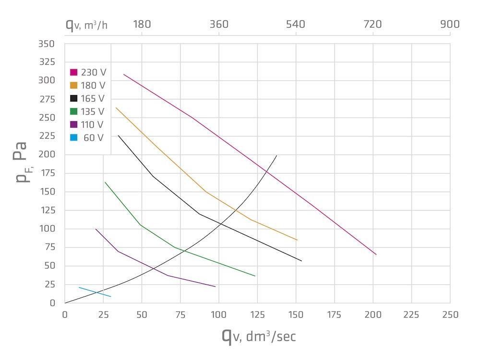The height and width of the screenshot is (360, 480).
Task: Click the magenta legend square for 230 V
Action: click(74, 72)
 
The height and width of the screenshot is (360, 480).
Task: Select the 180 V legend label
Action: click(93, 85)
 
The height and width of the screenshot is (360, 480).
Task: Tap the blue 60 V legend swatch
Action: click(74, 138)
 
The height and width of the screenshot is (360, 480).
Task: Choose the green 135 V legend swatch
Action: click(74, 112)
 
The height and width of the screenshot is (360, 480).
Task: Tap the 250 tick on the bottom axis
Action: click(450, 315)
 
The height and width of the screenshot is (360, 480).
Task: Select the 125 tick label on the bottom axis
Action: click(257, 315)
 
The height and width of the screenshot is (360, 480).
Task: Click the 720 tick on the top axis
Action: click(373, 24)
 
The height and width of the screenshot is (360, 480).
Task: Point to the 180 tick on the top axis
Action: click(142, 24)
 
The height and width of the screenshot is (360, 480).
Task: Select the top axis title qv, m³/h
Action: click(86, 24)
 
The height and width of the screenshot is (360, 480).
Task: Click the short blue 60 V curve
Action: click(95, 292)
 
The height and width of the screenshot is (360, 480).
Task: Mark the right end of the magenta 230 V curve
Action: click(376, 254)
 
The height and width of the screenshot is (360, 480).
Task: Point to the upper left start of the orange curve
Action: click(116, 108)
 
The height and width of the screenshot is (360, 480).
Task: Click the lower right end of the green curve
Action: click(255, 276)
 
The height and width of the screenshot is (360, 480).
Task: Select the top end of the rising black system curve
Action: click(276, 156)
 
